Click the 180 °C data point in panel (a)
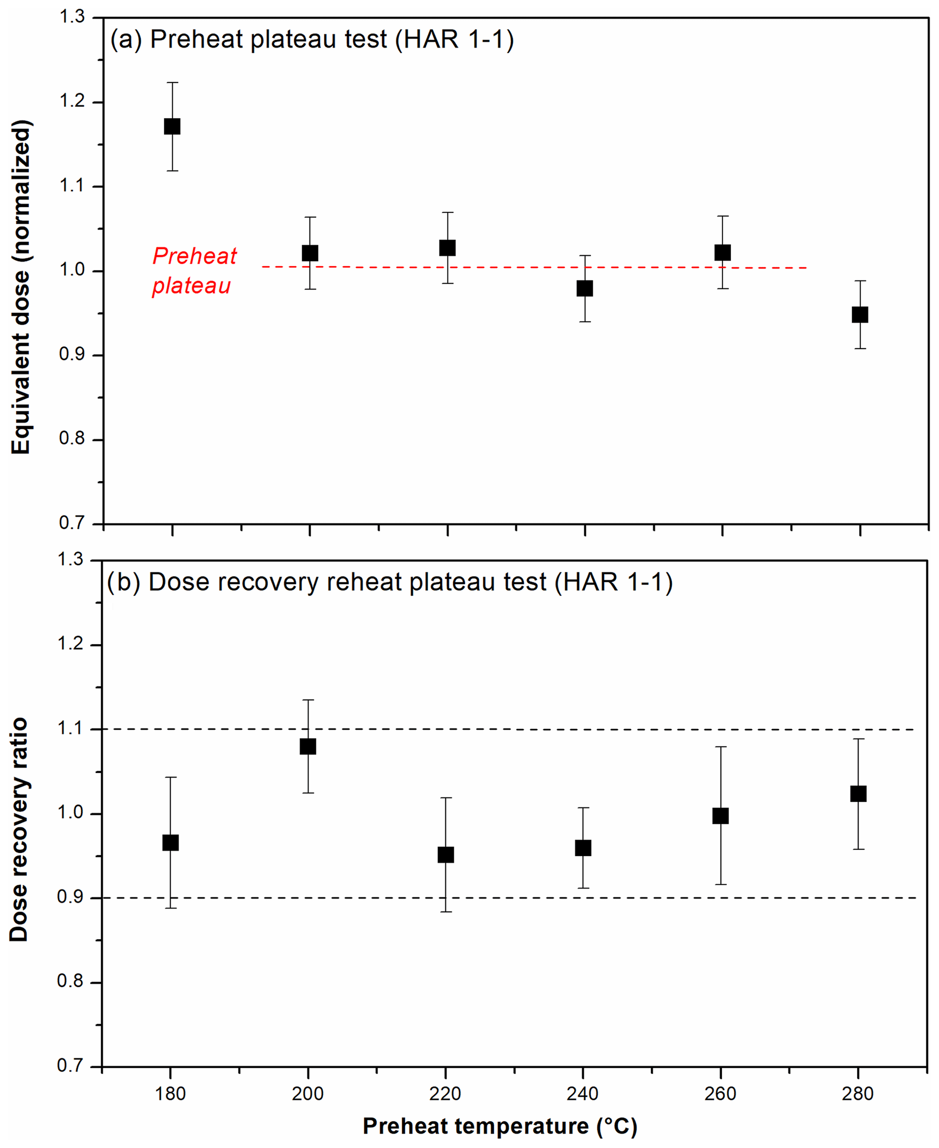click(172, 127)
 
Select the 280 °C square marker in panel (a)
click(860, 315)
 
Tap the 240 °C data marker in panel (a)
click(585, 288)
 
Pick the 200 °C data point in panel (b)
click(308, 746)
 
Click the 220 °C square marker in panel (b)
click(446, 854)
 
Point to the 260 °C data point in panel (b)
click(720, 816)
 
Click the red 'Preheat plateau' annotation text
click(194, 270)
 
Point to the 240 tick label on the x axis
click(582, 1094)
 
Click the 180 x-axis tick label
click(170, 1094)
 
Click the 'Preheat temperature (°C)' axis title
click(500, 1126)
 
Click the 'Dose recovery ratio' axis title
click(20, 830)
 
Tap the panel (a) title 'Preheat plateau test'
click(312, 39)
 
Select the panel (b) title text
click(389, 582)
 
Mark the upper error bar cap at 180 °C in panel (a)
click(172, 83)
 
